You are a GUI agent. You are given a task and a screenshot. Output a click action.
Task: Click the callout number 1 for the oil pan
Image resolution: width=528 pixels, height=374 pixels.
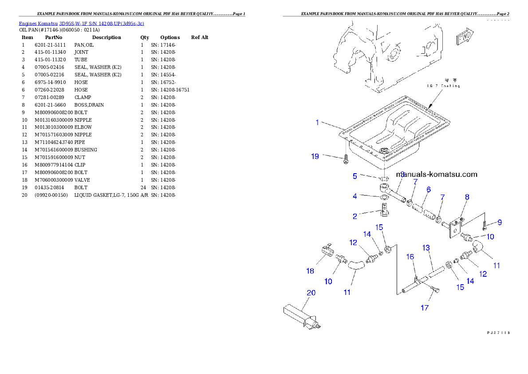317,122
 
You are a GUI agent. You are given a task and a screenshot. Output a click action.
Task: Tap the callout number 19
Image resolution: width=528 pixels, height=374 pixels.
315,156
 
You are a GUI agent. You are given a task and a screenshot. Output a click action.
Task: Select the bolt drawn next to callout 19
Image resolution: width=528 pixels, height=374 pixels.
346,159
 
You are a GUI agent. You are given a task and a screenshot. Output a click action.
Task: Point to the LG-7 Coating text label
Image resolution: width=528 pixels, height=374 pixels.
443,85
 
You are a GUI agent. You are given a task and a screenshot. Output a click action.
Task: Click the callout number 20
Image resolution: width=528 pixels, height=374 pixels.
311,293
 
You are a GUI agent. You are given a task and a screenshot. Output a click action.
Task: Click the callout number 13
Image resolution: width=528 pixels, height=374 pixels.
426,247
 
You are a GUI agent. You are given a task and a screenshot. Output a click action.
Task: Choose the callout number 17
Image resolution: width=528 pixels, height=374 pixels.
425,307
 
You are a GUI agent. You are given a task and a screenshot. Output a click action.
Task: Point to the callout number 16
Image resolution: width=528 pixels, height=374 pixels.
410,257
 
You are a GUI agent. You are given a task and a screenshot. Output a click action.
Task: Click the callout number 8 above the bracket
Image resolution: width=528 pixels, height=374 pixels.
467,197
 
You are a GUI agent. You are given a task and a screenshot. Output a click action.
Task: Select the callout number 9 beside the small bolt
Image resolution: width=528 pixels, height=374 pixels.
500,223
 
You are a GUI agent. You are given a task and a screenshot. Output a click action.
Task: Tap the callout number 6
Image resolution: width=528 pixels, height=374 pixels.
428,190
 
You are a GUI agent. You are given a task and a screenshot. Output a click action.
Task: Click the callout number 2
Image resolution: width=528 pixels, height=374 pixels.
355,216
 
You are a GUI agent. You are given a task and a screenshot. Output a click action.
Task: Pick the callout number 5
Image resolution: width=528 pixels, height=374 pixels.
355,176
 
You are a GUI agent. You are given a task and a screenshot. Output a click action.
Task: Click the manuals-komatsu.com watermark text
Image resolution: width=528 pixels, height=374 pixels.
437,174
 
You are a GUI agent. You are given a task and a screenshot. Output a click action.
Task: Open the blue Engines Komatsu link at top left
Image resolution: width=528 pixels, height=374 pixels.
81,23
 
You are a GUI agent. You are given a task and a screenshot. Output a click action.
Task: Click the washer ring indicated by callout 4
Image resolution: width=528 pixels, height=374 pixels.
383,197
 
